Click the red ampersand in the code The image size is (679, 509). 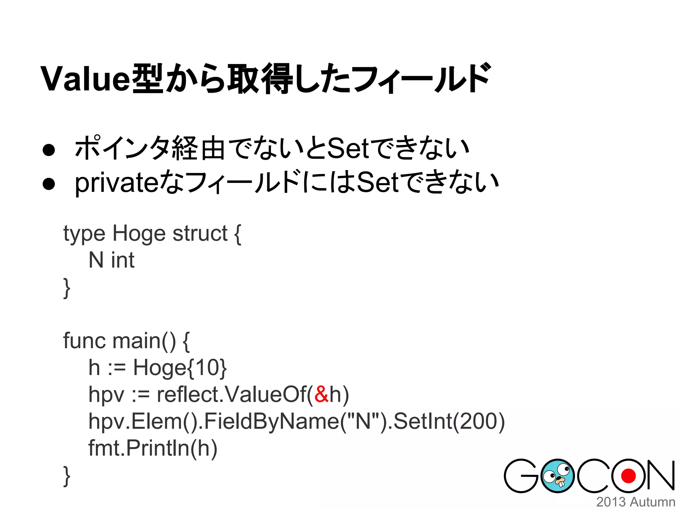pyautogui.click(x=321, y=394)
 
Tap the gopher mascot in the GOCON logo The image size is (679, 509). pyautogui.click(x=557, y=476)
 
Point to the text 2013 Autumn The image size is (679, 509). pyautogui.click(x=636, y=502)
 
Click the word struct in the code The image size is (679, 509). pyautogui.click(x=200, y=233)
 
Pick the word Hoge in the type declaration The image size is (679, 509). pyautogui.click(x=139, y=233)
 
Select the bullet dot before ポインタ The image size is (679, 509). pyautogui.click(x=49, y=150)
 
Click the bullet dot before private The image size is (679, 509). pyautogui.click(x=49, y=184)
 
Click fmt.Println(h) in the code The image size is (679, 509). pyautogui.click(x=153, y=448)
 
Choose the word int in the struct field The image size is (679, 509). pyautogui.click(x=123, y=260)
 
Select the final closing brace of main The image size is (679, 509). pyautogui.click(x=67, y=476)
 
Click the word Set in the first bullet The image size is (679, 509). pyautogui.click(x=348, y=148)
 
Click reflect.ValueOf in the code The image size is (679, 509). pyautogui.click(x=231, y=394)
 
